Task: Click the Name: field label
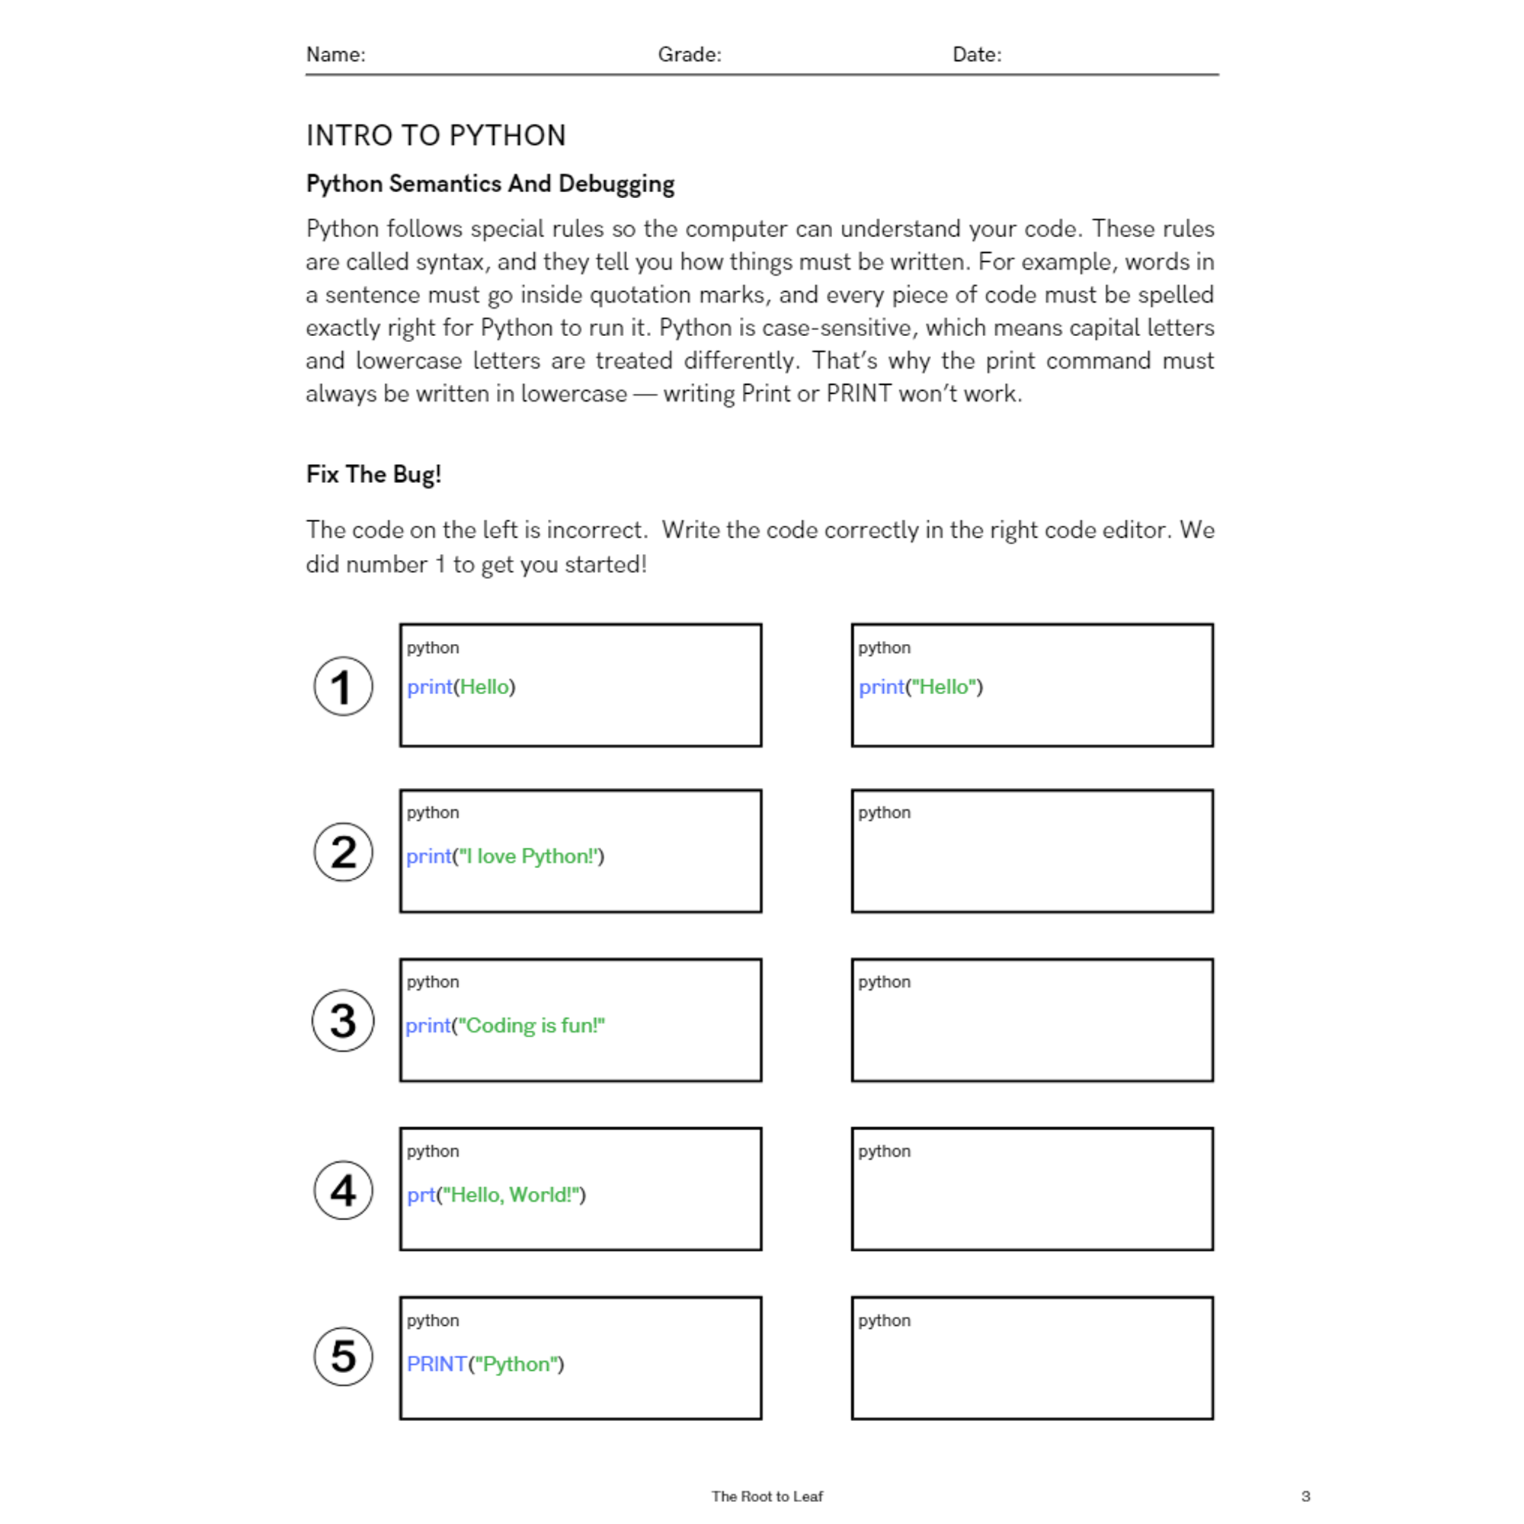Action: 335,54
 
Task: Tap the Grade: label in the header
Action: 689,54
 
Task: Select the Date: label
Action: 977,54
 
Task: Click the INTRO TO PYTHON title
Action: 435,136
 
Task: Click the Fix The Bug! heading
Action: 373,474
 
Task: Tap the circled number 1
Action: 343,687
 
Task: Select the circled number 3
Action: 343,1021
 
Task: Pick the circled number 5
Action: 343,1356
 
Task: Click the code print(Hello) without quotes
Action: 461,687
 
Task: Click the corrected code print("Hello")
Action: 920,687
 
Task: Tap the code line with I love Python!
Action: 505,856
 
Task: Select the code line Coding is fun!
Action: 505,1026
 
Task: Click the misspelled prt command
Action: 421,1195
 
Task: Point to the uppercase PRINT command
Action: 436,1364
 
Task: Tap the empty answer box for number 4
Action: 1032,1199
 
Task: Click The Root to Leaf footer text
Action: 767,1497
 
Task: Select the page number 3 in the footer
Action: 1305,1497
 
